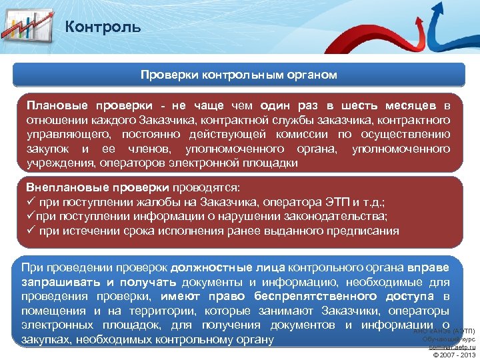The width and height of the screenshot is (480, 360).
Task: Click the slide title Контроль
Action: (103, 27)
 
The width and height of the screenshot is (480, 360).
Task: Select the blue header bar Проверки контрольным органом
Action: (239, 75)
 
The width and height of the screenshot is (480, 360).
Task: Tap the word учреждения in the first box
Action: (59, 163)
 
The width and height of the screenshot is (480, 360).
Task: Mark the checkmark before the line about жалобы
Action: (31, 202)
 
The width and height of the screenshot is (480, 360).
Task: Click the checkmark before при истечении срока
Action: (31, 231)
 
